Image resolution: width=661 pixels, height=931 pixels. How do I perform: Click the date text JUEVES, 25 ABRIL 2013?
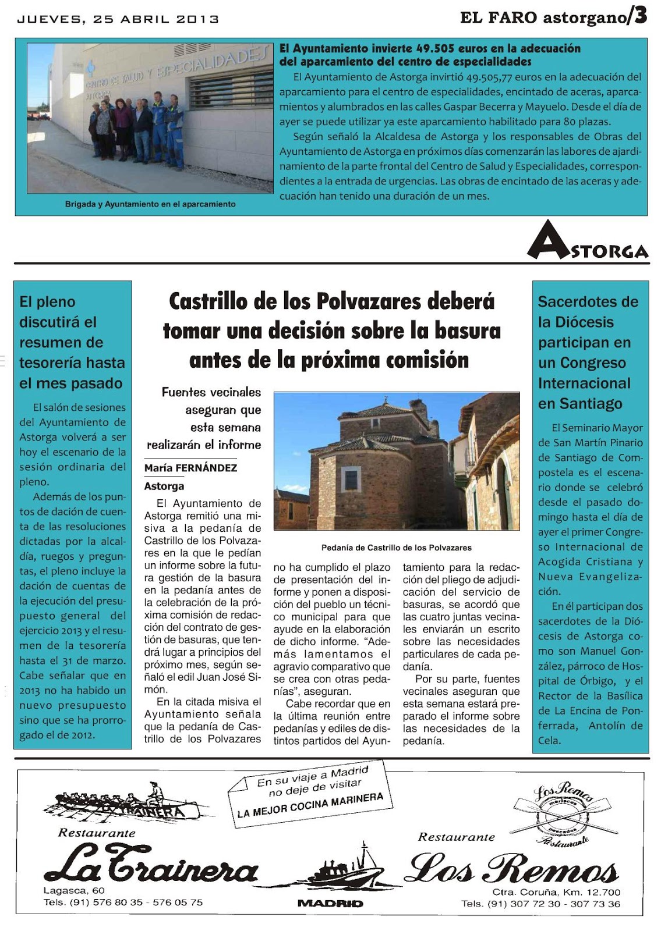[x=118, y=19]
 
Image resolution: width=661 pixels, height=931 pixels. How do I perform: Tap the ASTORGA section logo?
[x=588, y=240]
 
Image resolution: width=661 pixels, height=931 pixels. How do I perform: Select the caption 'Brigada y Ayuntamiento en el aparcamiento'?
[x=150, y=204]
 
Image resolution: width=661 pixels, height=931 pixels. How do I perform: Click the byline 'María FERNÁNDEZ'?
[x=190, y=468]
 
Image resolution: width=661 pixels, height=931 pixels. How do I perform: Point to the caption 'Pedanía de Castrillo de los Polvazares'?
[x=396, y=548]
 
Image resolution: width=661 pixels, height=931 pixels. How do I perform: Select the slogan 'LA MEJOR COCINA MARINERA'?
[x=310, y=805]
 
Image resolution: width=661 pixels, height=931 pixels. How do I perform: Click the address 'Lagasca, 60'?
[x=74, y=890]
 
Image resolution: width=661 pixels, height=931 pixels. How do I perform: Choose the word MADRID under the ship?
[x=330, y=903]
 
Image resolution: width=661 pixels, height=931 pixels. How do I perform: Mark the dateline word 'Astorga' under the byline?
[x=164, y=486]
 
